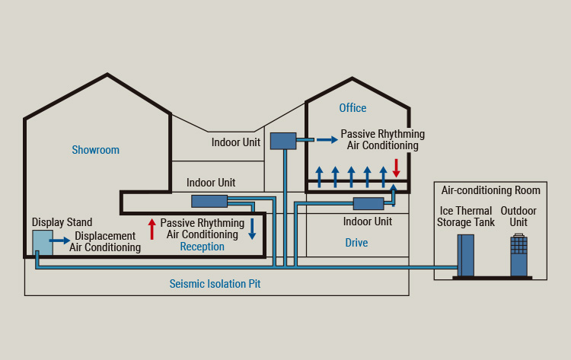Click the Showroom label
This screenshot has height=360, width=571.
pos(95,150)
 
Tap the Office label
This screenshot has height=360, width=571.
pos(352,108)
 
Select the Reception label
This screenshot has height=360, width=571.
pos(202,247)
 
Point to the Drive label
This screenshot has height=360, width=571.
pos(356,243)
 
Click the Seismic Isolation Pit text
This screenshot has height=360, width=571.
pos(215,284)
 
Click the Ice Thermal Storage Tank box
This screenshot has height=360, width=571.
pos(465,255)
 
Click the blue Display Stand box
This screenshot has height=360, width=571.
pos(43,242)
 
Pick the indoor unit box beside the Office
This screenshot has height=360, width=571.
pos(282,141)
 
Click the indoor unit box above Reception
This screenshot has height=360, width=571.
pos(209,201)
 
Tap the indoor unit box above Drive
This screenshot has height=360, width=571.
pos(368,203)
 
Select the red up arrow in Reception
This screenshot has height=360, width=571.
pos(152,228)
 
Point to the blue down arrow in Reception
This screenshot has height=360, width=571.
pos(252,229)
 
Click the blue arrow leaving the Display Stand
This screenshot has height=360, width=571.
pos(60,241)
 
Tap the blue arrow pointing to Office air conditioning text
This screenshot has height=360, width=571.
pos(327,139)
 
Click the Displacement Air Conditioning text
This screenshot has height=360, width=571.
pos(105,241)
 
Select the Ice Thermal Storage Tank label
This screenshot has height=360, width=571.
pos(465,216)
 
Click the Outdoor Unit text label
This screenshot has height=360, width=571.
pos(518,216)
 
